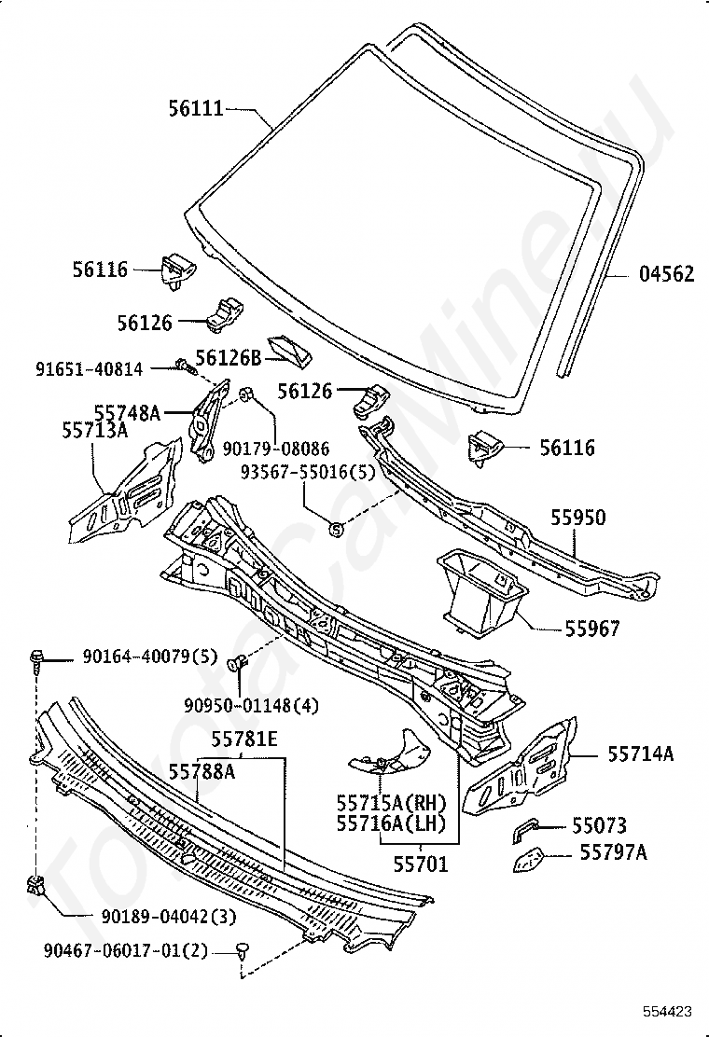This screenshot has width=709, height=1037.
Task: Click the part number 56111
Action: [x=196, y=109]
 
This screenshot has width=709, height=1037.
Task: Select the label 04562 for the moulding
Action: [x=666, y=274]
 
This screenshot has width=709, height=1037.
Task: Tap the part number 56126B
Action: [x=228, y=357]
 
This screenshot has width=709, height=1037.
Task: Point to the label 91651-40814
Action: [x=90, y=369]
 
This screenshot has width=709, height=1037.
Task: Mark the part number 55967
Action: [x=591, y=629]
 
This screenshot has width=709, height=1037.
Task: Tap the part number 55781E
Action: [x=243, y=741]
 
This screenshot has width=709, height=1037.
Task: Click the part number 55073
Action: [x=599, y=825]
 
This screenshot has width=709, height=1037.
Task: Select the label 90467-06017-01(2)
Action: [x=126, y=950]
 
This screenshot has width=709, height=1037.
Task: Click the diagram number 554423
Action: [x=666, y=1011]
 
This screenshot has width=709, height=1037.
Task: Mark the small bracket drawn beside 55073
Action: [x=527, y=828]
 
